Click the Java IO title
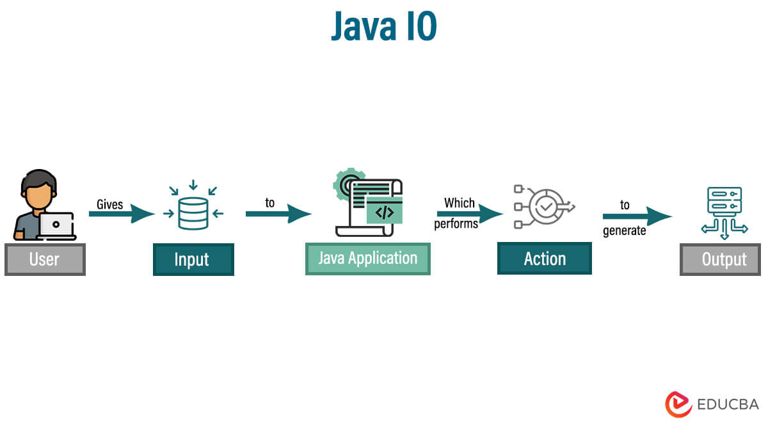[x=383, y=27]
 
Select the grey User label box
[x=45, y=259]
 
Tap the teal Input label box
[x=193, y=259]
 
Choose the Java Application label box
[x=367, y=259]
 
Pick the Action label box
[x=544, y=259]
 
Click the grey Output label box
[x=720, y=259]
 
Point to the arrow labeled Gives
[x=122, y=213]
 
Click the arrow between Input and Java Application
[x=278, y=213]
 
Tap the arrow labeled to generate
[x=637, y=216]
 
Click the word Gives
[x=109, y=204]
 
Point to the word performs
[x=456, y=224]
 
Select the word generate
[x=624, y=230]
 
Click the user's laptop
[x=56, y=226]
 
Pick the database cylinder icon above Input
[x=193, y=213]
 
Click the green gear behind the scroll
[x=346, y=182]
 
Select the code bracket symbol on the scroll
[x=384, y=213]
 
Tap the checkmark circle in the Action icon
[x=546, y=206]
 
